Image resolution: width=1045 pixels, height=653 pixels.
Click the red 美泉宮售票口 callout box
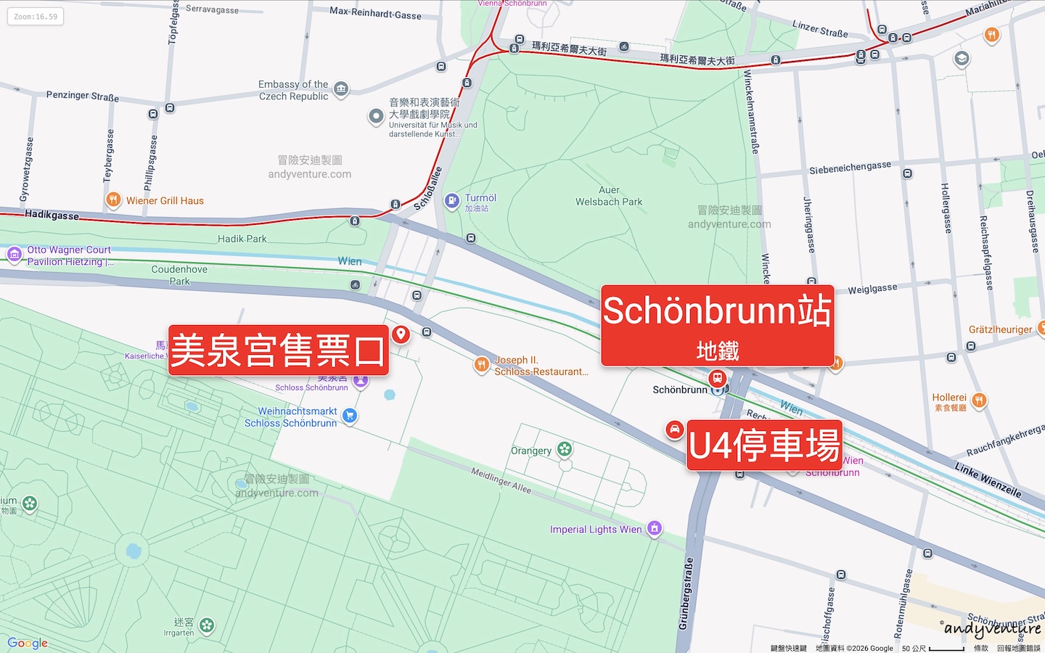point(278,350)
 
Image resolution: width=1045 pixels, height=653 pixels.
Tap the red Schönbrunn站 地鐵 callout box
point(717,325)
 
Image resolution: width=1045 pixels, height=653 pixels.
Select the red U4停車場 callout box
point(764,445)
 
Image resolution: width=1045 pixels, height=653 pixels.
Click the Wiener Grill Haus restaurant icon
point(113,200)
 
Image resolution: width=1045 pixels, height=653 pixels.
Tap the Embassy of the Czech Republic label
point(294,91)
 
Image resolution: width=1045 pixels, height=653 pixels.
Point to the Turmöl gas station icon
point(452,200)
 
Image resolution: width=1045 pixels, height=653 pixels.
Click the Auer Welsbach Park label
point(609,196)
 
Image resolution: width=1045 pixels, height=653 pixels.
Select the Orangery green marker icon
point(565,450)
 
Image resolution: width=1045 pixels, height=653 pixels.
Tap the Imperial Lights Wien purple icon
point(655,528)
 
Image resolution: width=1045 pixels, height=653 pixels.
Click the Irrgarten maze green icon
point(207,625)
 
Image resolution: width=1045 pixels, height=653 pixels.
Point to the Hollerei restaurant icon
point(979,400)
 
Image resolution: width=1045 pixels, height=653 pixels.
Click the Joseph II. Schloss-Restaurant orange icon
point(481,364)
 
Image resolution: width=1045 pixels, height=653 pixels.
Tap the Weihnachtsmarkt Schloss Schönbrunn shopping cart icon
point(350,416)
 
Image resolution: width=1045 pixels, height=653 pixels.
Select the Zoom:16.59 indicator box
point(36,17)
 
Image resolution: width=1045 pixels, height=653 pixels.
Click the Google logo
point(28,643)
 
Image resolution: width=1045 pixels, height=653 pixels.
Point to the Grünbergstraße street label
point(687,593)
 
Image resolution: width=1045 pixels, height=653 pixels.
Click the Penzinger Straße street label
point(83,96)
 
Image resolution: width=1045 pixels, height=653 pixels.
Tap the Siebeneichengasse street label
point(850,168)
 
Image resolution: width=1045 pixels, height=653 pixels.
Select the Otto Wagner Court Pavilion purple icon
point(14,254)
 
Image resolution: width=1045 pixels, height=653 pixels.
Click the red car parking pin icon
point(674,430)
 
